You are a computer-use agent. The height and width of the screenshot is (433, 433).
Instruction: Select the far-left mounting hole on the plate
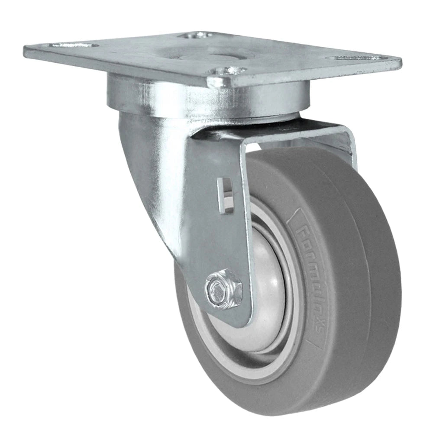pyautogui.click(x=71, y=45)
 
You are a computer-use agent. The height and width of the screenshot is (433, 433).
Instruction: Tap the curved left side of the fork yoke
pyautogui.click(x=143, y=173)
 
